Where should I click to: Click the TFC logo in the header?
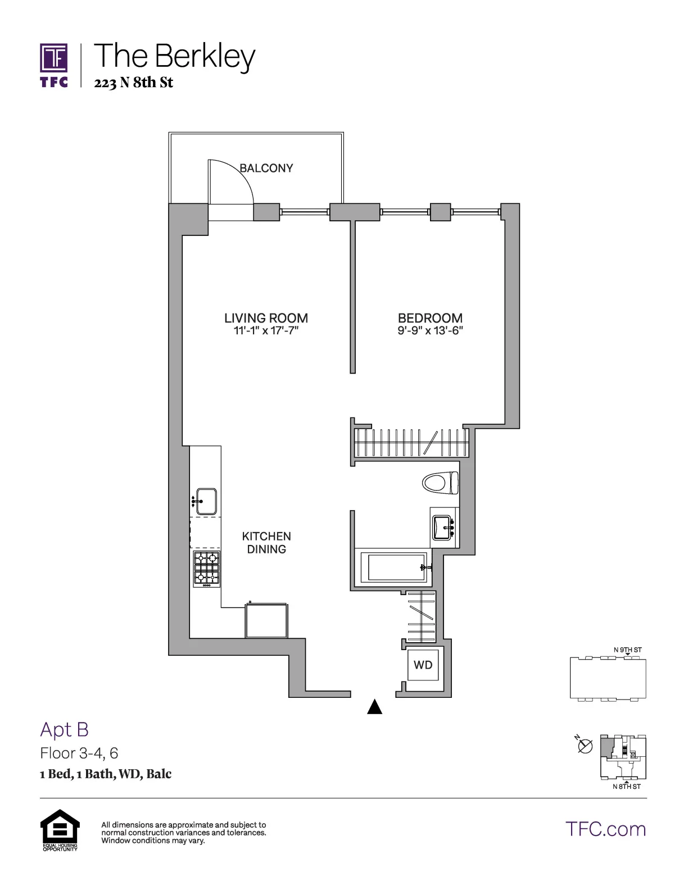pos(54,65)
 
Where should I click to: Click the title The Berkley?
pos(175,56)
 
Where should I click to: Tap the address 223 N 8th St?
pos(133,83)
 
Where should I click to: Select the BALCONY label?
pos(266,168)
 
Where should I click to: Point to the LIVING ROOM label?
pos(266,318)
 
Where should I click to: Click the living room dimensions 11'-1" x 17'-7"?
pos(266,331)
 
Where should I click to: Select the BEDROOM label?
pos(430,318)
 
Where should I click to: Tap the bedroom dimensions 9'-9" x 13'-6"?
pos(430,331)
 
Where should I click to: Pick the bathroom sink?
pos(444,528)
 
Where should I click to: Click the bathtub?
pos(396,568)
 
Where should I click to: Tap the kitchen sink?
pos(205,500)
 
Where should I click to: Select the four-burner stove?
pos(206,569)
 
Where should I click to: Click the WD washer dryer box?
pos(423,665)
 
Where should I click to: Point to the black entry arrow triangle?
pos(375,707)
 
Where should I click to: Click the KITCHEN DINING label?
pos(266,543)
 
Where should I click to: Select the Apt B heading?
pos(65,729)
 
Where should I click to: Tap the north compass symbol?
pos(585,746)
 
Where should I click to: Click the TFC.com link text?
pos(605,829)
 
